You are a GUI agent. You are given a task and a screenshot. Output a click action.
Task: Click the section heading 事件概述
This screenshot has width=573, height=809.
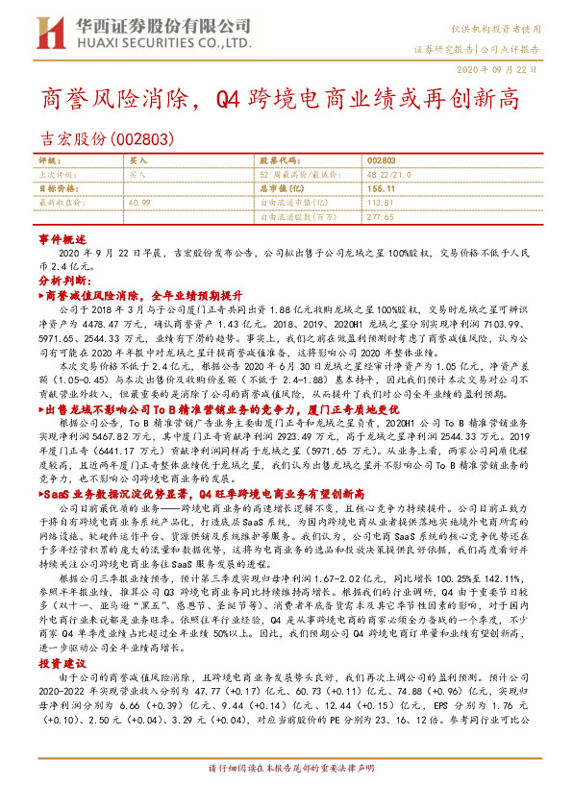pos(62,236)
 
